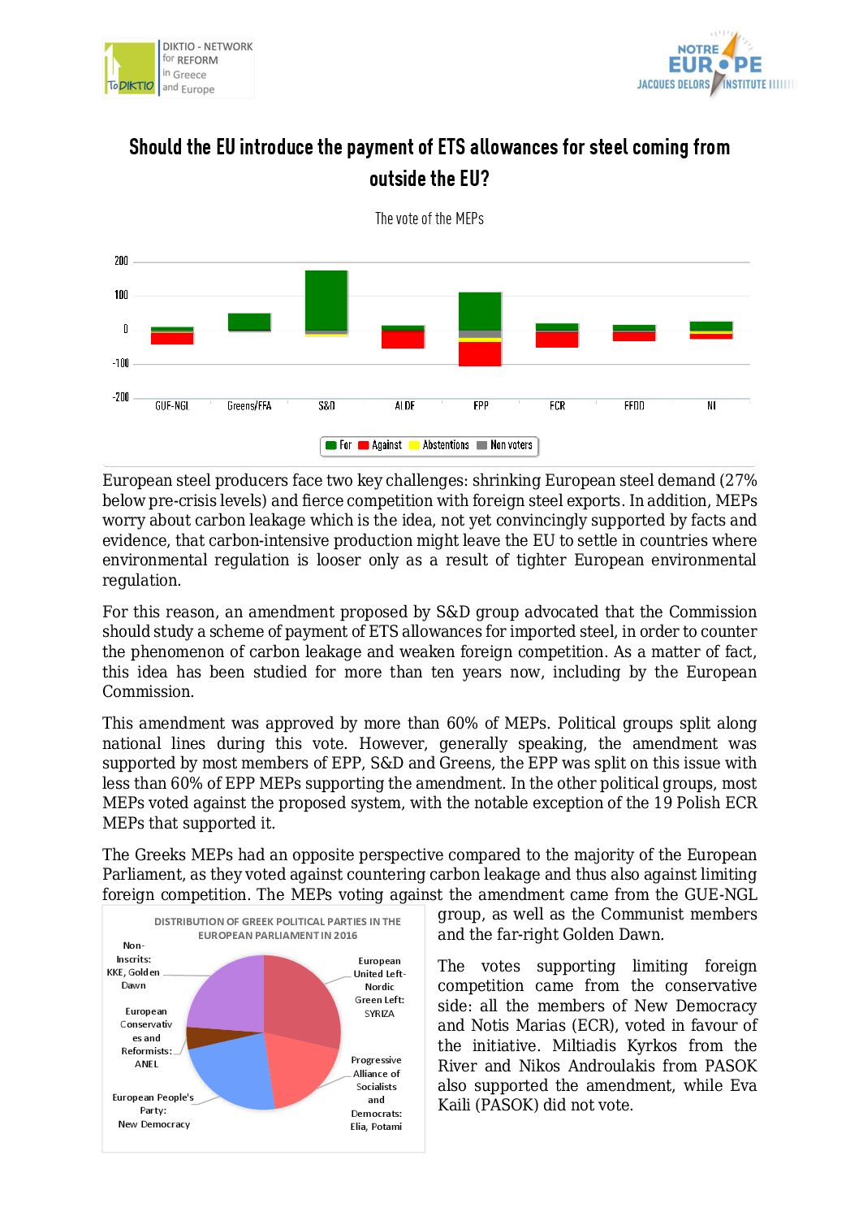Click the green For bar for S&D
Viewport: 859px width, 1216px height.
326,300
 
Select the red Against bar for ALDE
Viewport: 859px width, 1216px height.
404,340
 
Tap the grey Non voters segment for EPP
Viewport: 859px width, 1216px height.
480,334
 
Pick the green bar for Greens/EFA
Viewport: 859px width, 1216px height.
249,322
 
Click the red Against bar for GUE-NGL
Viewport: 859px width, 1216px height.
172,338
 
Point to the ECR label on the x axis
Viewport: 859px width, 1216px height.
557,405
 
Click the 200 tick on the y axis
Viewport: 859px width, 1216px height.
121,261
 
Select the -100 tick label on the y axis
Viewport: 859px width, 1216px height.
120,363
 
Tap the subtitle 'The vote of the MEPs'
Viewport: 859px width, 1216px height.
429,219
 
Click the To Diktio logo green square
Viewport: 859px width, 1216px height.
130,68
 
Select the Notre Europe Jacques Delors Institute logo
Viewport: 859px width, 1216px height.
714,65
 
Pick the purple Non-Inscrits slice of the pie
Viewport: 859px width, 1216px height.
226,992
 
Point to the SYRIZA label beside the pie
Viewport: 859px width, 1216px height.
379,1013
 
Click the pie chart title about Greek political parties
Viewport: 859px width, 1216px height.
278,928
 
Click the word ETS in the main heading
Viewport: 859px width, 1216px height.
451,147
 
